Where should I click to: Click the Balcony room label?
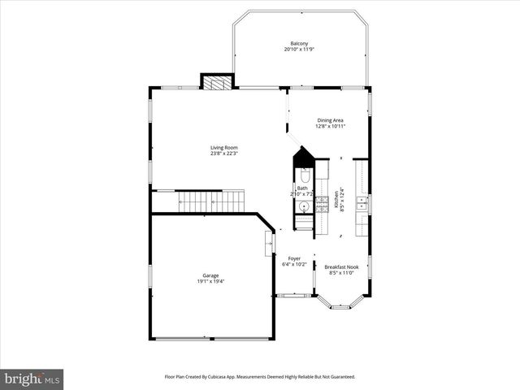point(299,44)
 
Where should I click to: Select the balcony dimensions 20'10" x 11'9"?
point(299,50)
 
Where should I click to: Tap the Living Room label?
point(223,148)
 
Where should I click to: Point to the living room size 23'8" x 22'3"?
point(223,154)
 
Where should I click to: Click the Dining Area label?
point(330,120)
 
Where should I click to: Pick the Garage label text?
point(210,275)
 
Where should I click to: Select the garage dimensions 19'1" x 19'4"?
point(210,282)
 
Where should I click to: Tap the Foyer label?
point(294,258)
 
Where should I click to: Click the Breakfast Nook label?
point(341,267)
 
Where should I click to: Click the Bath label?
point(302,188)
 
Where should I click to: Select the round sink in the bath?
point(304,207)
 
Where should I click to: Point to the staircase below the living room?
point(210,201)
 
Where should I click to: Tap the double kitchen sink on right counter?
point(362,203)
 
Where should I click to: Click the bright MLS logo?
point(32,379)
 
